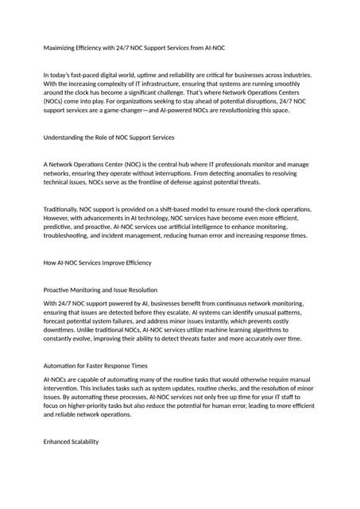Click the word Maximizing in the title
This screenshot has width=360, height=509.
60,48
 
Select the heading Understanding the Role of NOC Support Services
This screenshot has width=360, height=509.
108,138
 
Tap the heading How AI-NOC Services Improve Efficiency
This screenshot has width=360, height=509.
97,262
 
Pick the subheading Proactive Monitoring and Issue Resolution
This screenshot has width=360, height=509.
100,289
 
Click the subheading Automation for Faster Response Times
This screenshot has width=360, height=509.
95,365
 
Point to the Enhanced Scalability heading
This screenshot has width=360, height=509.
71,441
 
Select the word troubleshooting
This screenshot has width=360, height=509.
72,236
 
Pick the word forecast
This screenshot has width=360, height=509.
58,321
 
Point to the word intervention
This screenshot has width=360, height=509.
63,388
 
